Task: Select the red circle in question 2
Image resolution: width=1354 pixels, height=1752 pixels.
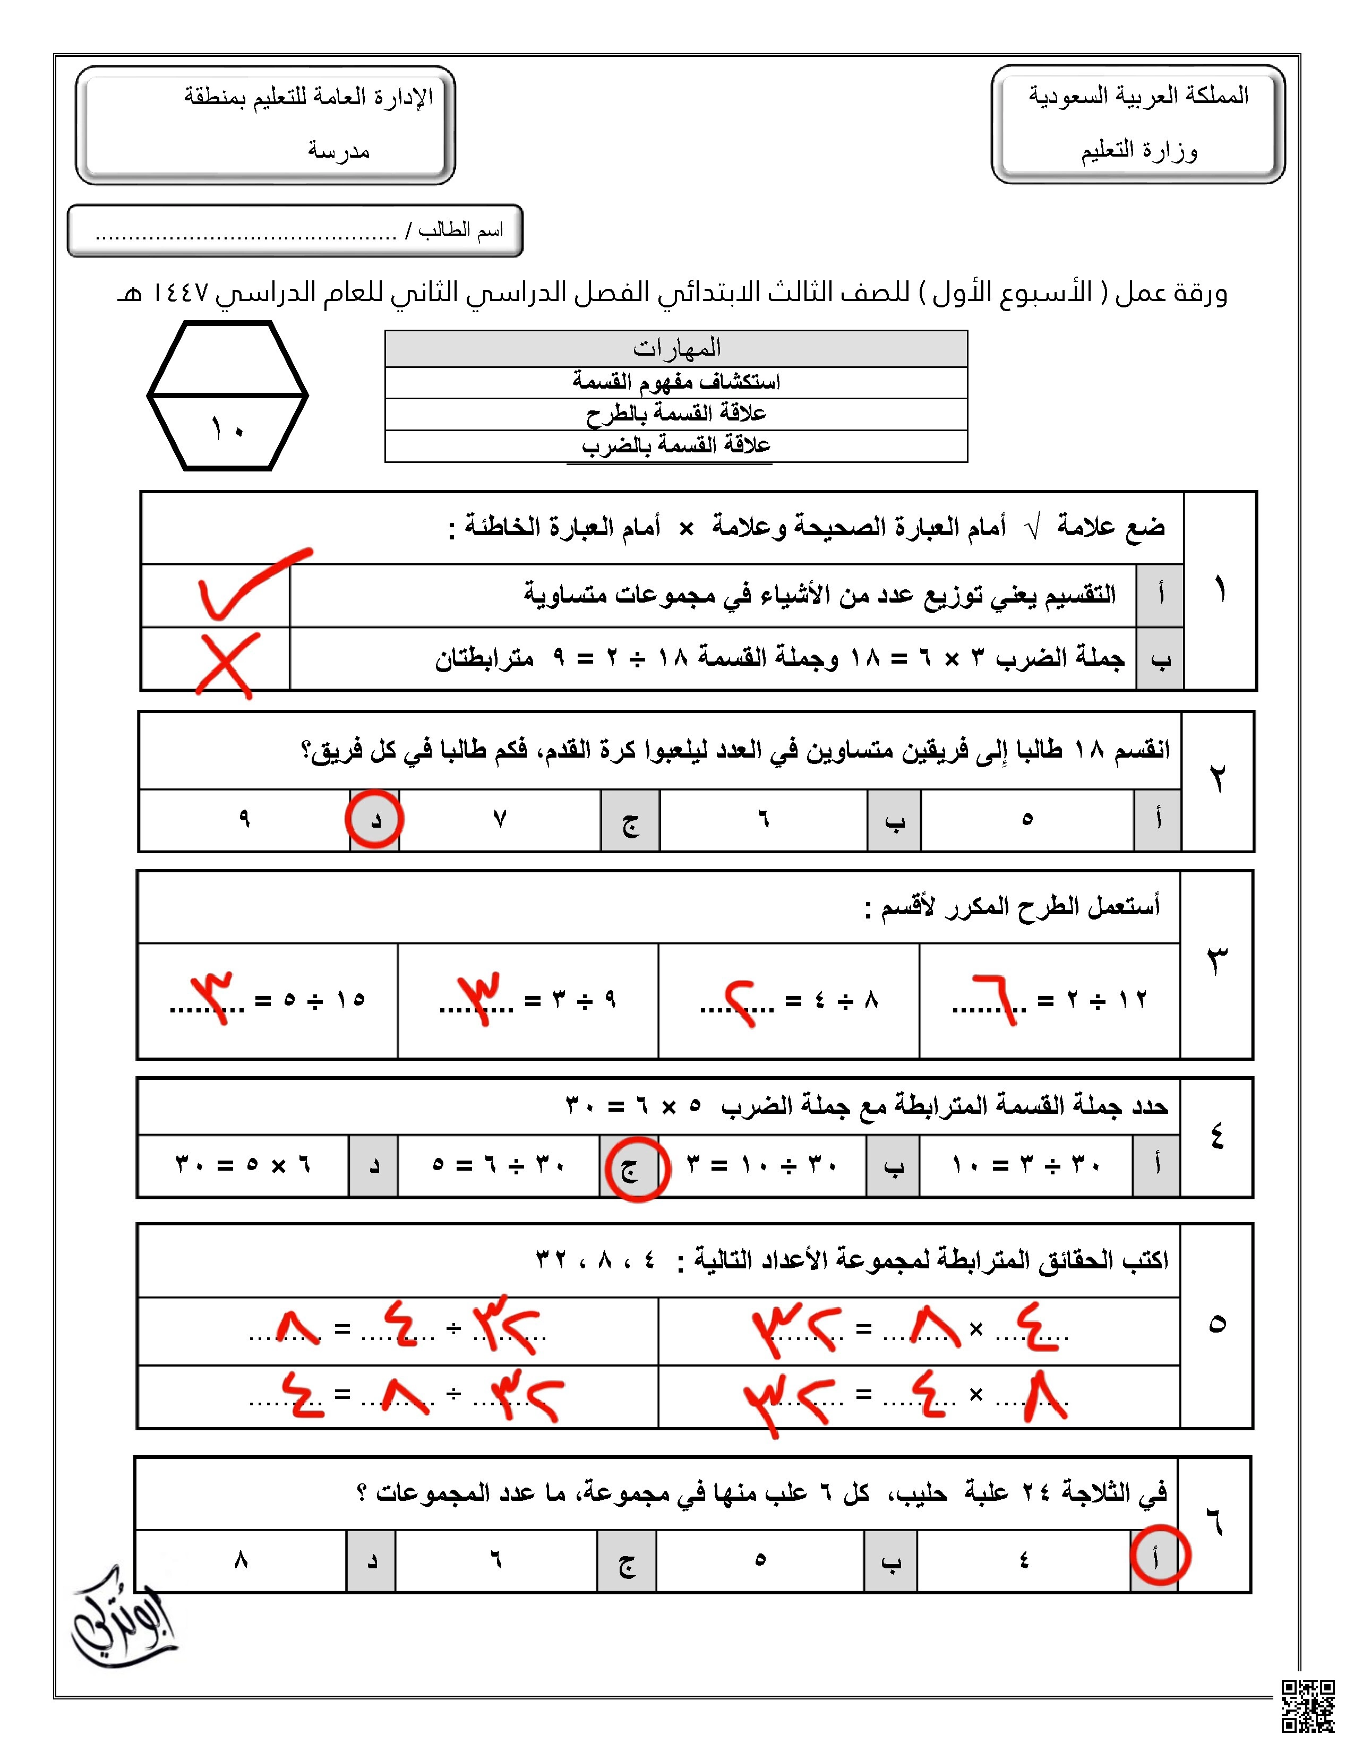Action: [374, 819]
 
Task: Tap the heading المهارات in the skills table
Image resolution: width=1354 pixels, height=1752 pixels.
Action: [676, 348]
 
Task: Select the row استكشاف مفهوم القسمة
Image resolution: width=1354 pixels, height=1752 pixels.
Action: [676, 382]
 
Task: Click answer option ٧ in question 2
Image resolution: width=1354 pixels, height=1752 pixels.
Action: [499, 819]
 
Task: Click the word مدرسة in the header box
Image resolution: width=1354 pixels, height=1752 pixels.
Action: [339, 151]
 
